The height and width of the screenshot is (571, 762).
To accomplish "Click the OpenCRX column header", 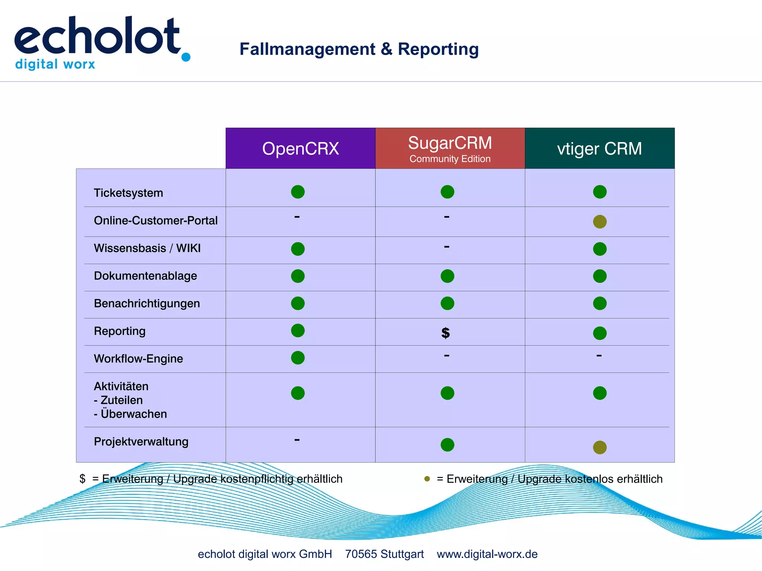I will tap(300, 148).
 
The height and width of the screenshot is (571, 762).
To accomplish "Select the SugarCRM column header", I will tap(450, 148).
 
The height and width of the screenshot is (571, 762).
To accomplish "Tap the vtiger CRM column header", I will tap(599, 148).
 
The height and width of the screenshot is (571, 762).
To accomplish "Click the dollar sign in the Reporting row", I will tap(445, 333).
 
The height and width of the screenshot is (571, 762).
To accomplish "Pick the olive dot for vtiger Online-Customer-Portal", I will tap(599, 222).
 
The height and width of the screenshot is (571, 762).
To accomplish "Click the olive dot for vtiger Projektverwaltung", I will tap(599, 447).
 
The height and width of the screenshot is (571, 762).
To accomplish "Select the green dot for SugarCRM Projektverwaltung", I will tap(447, 445).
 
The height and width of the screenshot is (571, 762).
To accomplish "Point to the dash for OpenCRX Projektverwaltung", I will tap(297, 440).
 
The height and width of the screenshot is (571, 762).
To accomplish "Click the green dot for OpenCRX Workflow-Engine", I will tap(298, 358).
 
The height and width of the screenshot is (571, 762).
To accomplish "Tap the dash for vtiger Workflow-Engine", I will tap(599, 356).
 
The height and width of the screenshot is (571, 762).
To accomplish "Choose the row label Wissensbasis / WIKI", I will tap(147, 248).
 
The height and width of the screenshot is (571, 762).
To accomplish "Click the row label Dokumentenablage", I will tap(145, 276).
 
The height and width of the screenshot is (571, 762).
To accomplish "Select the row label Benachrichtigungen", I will tap(147, 304).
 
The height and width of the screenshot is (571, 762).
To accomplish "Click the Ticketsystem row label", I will tap(128, 193).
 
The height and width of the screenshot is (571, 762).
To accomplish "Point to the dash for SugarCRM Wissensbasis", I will tap(446, 247).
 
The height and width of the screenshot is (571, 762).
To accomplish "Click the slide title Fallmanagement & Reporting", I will tap(359, 49).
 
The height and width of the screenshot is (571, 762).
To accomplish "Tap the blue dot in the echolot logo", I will tap(186, 57).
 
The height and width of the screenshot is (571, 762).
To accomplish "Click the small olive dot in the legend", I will tap(427, 479).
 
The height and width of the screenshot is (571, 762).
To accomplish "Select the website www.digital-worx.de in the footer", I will tap(487, 554).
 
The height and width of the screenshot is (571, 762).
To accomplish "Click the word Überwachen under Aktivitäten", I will tap(134, 414).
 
